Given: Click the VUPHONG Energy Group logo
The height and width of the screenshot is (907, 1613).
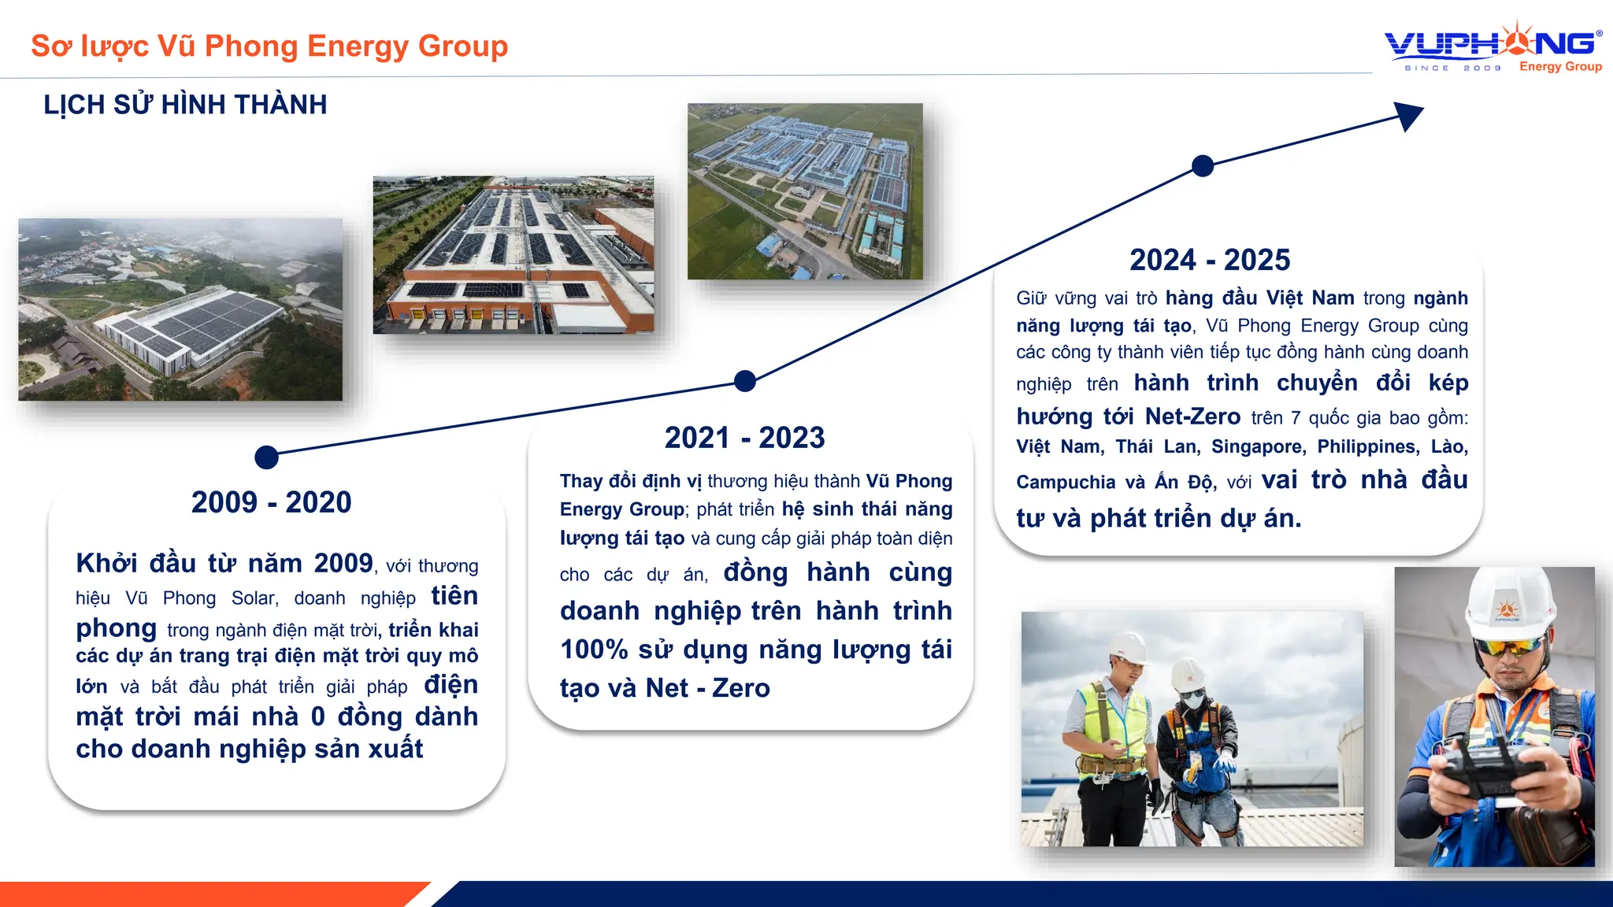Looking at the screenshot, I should click(1492, 49).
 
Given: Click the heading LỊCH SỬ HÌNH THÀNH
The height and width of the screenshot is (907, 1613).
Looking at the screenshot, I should click(185, 105).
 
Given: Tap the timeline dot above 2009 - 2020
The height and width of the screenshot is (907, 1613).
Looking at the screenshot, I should click(267, 457).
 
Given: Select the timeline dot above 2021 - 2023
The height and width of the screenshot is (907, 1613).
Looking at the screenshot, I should click(744, 381).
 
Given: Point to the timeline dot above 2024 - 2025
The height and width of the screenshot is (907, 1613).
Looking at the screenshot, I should click(1203, 166).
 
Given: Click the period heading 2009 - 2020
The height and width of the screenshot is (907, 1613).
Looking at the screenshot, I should click(271, 502).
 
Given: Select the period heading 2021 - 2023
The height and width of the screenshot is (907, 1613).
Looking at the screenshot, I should click(744, 438).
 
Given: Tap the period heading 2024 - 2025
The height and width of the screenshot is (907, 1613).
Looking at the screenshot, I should click(1210, 260).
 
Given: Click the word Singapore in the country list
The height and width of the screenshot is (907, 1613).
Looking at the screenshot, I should click(1258, 447).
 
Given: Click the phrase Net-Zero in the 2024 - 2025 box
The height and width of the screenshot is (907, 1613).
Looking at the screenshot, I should click(1192, 416).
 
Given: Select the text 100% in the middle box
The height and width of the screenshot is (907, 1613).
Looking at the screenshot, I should click(594, 650).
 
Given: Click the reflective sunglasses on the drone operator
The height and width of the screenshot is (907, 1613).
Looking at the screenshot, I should click(1509, 647).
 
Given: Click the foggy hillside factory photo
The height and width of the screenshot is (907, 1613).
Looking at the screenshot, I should click(180, 309).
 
